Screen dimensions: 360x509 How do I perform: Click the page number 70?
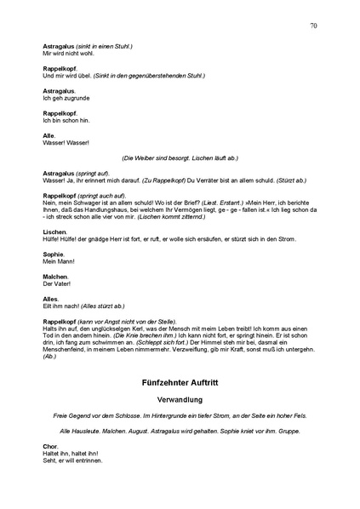(314, 26)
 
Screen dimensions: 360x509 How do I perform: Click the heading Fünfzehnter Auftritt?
(180, 384)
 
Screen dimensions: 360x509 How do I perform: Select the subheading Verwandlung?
(180, 400)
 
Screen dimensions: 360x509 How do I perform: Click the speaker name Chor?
(49, 446)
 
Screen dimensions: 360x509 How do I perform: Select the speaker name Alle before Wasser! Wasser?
(49, 135)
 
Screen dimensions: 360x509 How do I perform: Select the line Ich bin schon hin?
(66, 119)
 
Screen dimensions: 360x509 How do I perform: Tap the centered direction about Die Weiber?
(180, 158)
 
